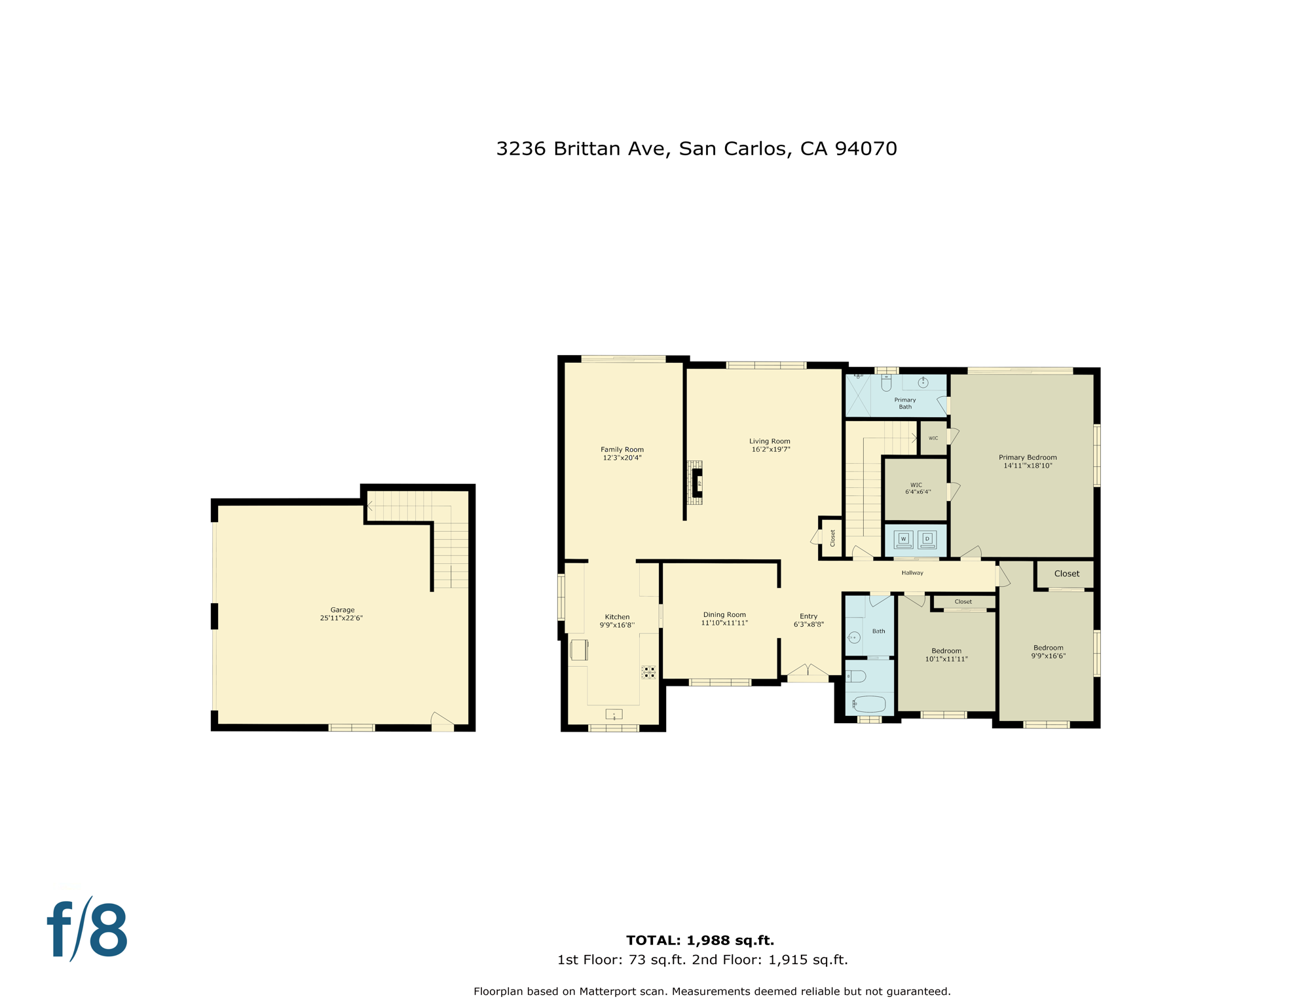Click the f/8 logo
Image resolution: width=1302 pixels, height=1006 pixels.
pos(87,930)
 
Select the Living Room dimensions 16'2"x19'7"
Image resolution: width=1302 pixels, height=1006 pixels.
pos(770,449)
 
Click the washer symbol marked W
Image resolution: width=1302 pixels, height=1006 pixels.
pos(903,540)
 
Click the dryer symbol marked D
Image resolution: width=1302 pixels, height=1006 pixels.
pos(927,540)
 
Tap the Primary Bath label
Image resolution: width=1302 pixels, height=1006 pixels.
pos(905,403)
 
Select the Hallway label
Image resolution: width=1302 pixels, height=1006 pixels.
pos(912,573)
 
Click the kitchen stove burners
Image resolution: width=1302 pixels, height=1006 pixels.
pos(648,672)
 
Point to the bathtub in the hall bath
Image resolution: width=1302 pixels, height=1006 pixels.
pos(869,705)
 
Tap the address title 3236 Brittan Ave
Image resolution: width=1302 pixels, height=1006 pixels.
pos(696,149)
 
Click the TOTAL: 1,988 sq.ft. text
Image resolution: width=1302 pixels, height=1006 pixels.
pos(699,941)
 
